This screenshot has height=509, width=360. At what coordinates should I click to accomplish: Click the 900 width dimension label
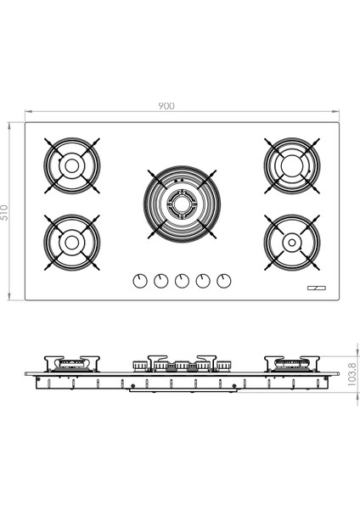pos(166,106)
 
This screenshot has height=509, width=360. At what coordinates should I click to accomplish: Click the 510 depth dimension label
pos(4,212)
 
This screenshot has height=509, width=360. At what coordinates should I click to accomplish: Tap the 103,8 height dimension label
pos(352,374)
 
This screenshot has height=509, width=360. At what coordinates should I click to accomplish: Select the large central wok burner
pos(182,204)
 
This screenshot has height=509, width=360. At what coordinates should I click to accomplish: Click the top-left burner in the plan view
pos(72,165)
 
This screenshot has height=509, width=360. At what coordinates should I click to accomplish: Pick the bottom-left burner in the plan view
pos(72,242)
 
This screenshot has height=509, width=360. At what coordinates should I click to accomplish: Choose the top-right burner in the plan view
pos(292,165)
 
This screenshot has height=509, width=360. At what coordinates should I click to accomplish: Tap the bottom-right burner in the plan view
pos(292,242)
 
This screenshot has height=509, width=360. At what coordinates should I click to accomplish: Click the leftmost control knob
pos(140,281)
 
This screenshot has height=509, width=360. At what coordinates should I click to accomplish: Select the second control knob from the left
pos(161,281)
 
